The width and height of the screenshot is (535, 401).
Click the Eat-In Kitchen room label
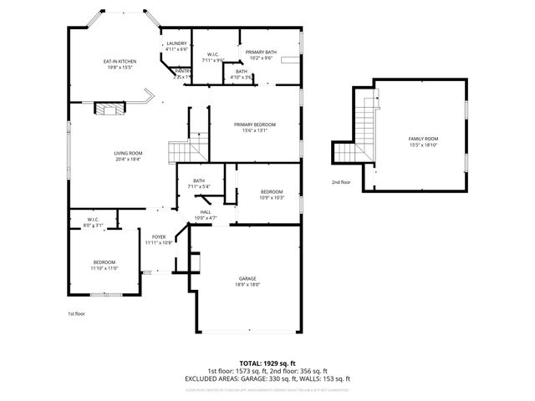pos(120,61)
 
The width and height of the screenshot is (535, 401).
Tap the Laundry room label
pos(176,43)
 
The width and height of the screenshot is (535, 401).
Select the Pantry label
pos(182,71)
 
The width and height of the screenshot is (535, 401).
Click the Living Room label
pos(128,153)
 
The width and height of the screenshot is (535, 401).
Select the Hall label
pos(205,212)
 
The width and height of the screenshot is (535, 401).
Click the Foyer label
pos(158,236)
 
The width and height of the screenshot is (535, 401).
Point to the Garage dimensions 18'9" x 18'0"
pos(247,285)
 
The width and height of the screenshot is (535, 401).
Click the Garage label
pos(247,278)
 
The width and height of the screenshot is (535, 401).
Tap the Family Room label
pos(423,138)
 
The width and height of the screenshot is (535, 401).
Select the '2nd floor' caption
pos(341,181)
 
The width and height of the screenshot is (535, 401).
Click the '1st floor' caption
pos(76,313)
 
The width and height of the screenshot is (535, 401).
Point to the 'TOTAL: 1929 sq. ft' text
pos(267,363)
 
